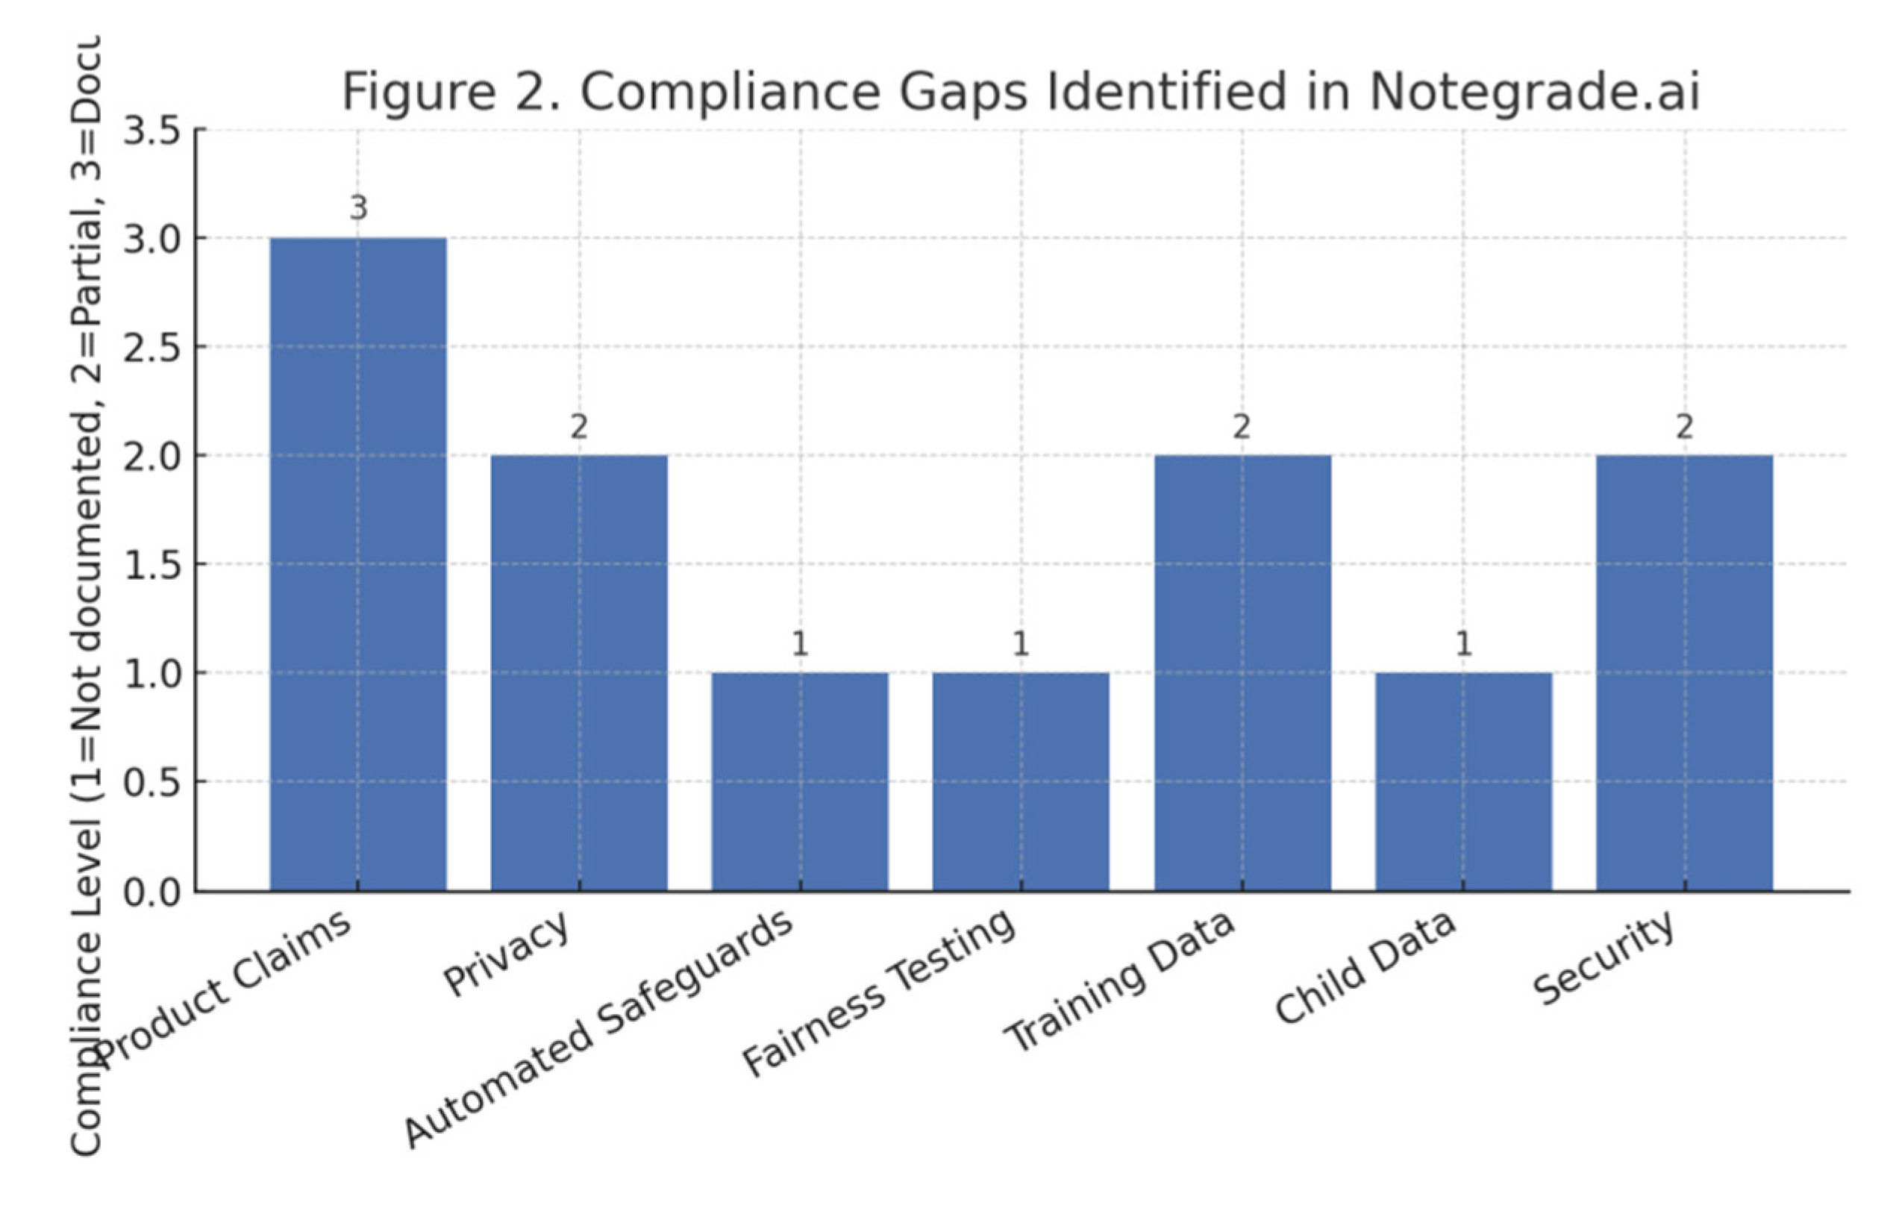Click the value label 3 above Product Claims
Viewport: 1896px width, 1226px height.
click(358, 209)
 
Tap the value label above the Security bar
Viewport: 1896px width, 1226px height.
click(1684, 428)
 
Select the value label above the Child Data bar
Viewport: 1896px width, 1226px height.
click(1463, 644)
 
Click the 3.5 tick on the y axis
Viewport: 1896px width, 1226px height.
click(152, 131)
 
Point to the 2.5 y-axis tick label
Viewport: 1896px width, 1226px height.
click(152, 348)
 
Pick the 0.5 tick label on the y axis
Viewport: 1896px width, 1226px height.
click(152, 783)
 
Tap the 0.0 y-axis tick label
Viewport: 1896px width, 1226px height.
click(152, 892)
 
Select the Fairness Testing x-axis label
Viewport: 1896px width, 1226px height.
click(879, 992)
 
